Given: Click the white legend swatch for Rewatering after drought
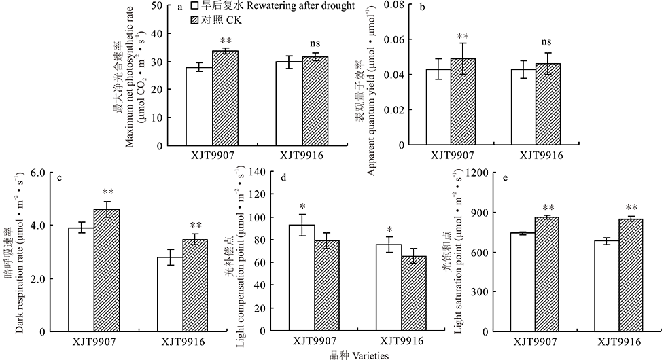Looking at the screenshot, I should tap(194, 6).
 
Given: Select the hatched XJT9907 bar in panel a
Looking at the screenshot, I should tap(225, 98).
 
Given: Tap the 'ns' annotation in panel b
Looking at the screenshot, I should tap(546, 42).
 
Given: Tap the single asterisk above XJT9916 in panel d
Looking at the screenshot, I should tap(389, 229).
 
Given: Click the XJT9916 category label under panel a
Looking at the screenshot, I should tap(303, 155).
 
